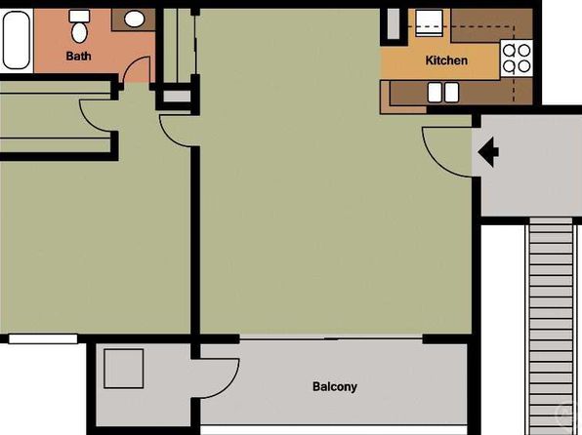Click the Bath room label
click(x=78, y=56)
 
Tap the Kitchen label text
click(x=446, y=60)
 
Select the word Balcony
click(x=335, y=387)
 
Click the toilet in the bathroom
click(x=79, y=26)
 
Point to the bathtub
click(x=17, y=40)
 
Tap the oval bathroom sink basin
click(x=134, y=19)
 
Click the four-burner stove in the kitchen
click(x=517, y=59)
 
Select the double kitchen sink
click(x=443, y=93)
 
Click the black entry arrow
click(x=488, y=152)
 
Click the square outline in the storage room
click(x=124, y=369)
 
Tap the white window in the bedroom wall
click(x=43, y=339)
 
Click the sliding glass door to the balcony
click(x=331, y=337)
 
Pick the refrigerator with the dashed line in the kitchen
click(x=429, y=23)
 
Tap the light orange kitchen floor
click(x=439, y=61)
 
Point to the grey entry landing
click(x=531, y=165)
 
